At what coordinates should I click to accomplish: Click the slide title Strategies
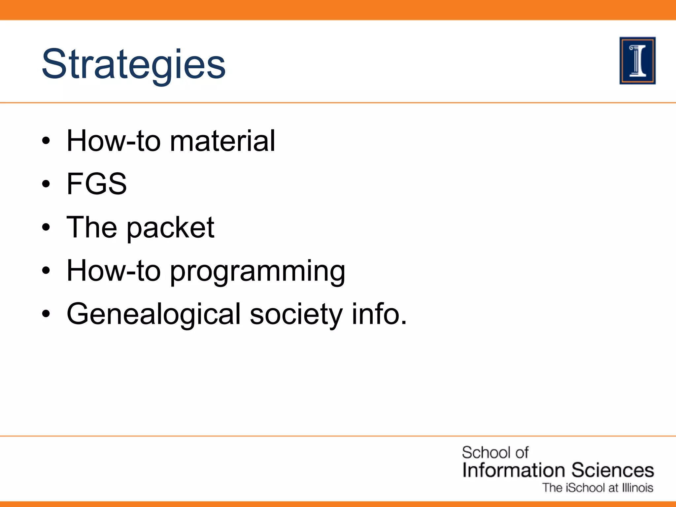(x=134, y=64)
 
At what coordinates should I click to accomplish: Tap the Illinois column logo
(x=637, y=61)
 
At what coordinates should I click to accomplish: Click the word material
(x=222, y=141)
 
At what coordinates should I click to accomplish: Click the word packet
(x=170, y=228)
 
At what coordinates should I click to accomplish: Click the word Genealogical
(x=153, y=314)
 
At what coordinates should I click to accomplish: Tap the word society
(x=296, y=314)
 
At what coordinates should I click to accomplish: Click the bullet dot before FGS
(x=46, y=184)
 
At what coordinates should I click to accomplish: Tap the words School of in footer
(x=495, y=453)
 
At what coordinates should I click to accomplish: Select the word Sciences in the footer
(x=613, y=470)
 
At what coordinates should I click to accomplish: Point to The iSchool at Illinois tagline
(x=598, y=488)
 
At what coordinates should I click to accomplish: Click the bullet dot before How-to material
(x=46, y=141)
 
